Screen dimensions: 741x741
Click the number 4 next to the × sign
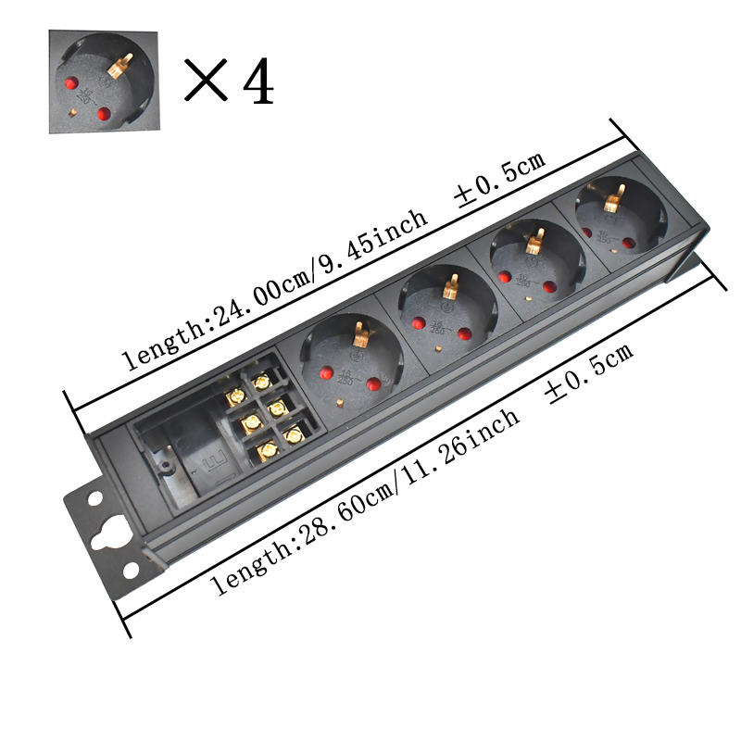pyautogui.click(x=257, y=82)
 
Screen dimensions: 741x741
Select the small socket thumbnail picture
pyautogui.click(x=103, y=82)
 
